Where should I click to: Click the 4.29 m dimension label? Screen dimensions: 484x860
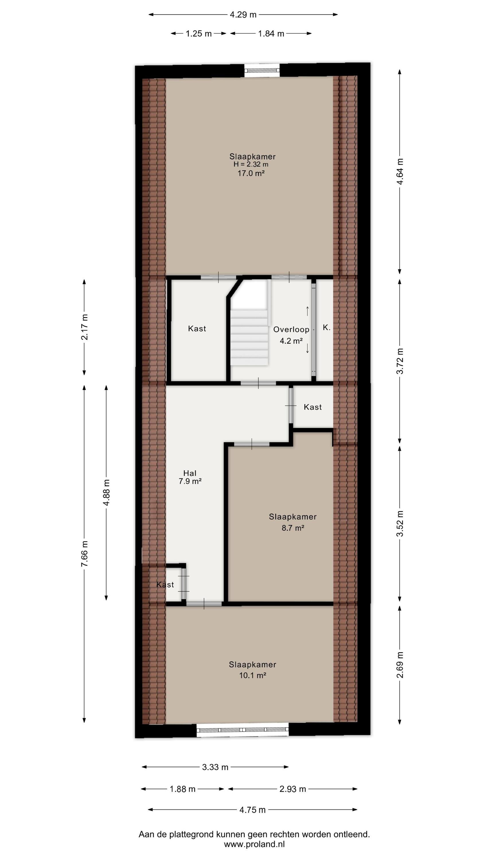(x=243, y=15)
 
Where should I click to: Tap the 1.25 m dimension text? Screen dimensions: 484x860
(x=199, y=33)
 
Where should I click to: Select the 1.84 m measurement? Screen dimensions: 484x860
(x=271, y=33)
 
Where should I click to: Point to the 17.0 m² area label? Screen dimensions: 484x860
(x=251, y=173)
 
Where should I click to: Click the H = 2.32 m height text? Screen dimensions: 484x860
(x=251, y=164)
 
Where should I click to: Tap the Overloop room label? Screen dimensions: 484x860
(x=291, y=329)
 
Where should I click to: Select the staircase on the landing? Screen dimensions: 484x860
(x=249, y=337)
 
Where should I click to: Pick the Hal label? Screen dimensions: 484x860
(x=190, y=473)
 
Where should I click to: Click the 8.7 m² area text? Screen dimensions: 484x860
(x=293, y=528)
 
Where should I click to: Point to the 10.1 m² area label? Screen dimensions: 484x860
(x=253, y=675)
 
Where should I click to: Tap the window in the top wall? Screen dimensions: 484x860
(x=262, y=71)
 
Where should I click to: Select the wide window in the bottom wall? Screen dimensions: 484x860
(x=243, y=730)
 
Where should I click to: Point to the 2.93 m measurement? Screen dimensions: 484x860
(x=292, y=789)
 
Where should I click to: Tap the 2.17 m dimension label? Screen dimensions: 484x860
(x=85, y=327)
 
